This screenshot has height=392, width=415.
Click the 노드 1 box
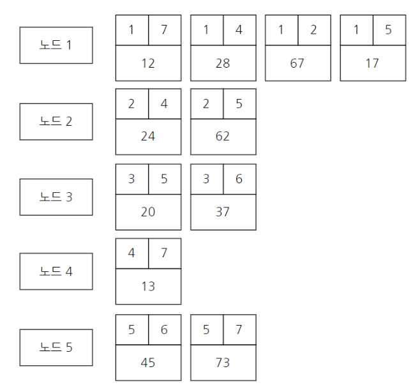point(56,45)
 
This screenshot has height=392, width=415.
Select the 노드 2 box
point(56,121)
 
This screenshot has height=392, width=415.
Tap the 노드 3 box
point(56,197)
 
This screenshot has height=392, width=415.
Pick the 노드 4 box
point(56,271)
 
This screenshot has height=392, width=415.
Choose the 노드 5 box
point(56,347)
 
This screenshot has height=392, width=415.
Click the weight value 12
point(148,63)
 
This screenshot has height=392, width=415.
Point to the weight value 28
point(223,63)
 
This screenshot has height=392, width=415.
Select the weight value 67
point(298,63)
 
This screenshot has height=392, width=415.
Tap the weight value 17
point(372,63)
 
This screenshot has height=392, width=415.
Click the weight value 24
point(148,136)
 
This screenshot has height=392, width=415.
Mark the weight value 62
point(223,136)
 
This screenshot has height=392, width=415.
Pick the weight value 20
point(148,211)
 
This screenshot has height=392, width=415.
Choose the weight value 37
point(223,211)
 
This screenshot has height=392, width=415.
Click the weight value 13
point(148,286)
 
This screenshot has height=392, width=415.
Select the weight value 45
point(148,362)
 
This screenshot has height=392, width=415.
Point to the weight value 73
point(223,362)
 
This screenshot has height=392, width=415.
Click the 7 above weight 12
point(164,30)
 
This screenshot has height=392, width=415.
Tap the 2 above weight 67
point(313,30)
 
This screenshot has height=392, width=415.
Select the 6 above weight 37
point(239,179)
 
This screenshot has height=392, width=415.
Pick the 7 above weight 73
point(239,329)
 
